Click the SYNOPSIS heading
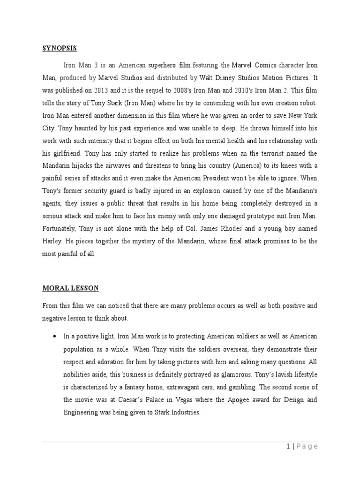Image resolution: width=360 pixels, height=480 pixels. (60, 48)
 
